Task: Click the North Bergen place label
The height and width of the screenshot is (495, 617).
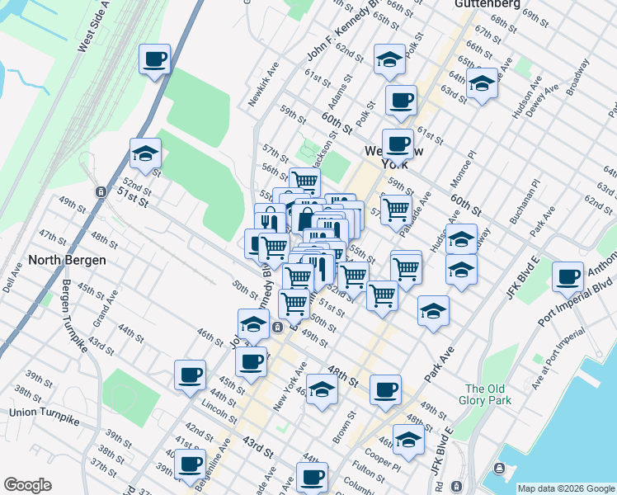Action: [x=67, y=260]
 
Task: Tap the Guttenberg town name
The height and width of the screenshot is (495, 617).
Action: [x=486, y=4]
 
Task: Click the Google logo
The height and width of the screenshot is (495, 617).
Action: [x=27, y=485]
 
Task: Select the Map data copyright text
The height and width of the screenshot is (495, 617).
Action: [x=566, y=488]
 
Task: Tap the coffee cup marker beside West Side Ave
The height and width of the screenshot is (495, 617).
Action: [x=154, y=60]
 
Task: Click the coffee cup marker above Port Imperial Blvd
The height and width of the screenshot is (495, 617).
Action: [x=568, y=277]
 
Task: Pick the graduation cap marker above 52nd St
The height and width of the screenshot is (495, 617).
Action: [x=145, y=153]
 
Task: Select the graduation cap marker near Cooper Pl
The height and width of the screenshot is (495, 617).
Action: [x=408, y=439]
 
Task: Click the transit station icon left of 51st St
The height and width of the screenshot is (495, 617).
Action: [x=101, y=191]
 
